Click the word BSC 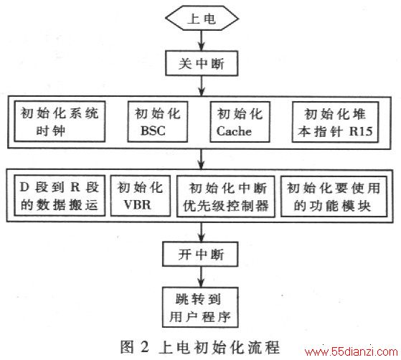(x=153, y=131)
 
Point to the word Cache (x=234, y=131)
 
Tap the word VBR (x=137, y=205)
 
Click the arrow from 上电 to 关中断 (x=202, y=40)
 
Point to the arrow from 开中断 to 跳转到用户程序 (x=201, y=277)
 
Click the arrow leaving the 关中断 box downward (x=202, y=86)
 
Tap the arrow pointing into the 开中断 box (x=202, y=232)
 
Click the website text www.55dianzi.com (x=352, y=352)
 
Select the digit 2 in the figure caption (x=144, y=347)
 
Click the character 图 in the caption (x=128, y=347)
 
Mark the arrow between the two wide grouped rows (x=202, y=159)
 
